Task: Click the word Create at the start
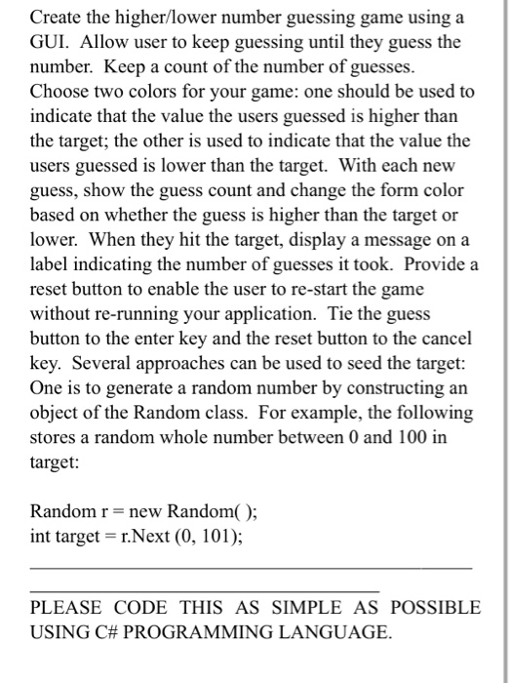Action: click(57, 19)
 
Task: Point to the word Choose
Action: click(61, 92)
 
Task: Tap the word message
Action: click(397, 239)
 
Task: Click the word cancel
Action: click(447, 337)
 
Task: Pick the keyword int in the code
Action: click(40, 535)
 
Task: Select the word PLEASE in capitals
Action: click(69, 607)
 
